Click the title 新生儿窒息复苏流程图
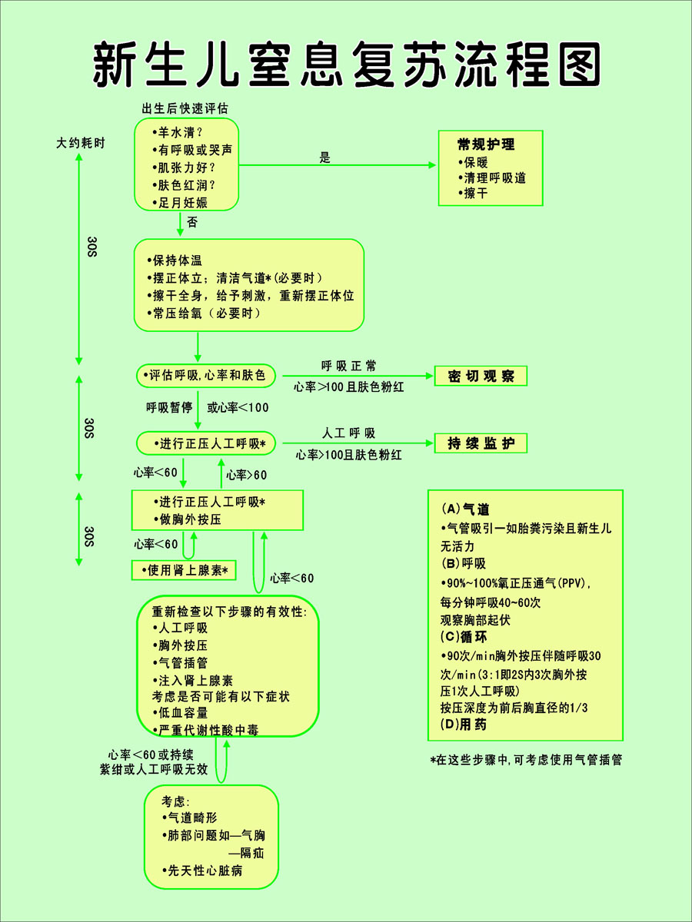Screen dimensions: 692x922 347,65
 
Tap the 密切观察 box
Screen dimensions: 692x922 481,376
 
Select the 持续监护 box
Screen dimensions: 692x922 481,443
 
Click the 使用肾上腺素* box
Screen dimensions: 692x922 184,570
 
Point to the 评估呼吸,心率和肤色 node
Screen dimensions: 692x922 206,376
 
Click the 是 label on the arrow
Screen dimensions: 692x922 324,158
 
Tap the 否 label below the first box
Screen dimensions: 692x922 192,222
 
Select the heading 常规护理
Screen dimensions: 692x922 486,144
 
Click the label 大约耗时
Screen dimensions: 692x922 80,143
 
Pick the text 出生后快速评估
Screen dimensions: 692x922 185,109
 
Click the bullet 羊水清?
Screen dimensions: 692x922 178,133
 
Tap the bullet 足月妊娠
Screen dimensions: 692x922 180,203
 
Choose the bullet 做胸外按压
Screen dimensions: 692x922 188,519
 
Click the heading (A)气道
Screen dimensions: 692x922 465,509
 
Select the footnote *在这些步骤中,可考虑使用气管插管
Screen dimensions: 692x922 526,759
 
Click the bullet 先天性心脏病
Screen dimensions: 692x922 202,871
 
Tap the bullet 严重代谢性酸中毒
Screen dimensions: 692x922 205,730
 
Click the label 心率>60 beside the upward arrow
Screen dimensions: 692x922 247,475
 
